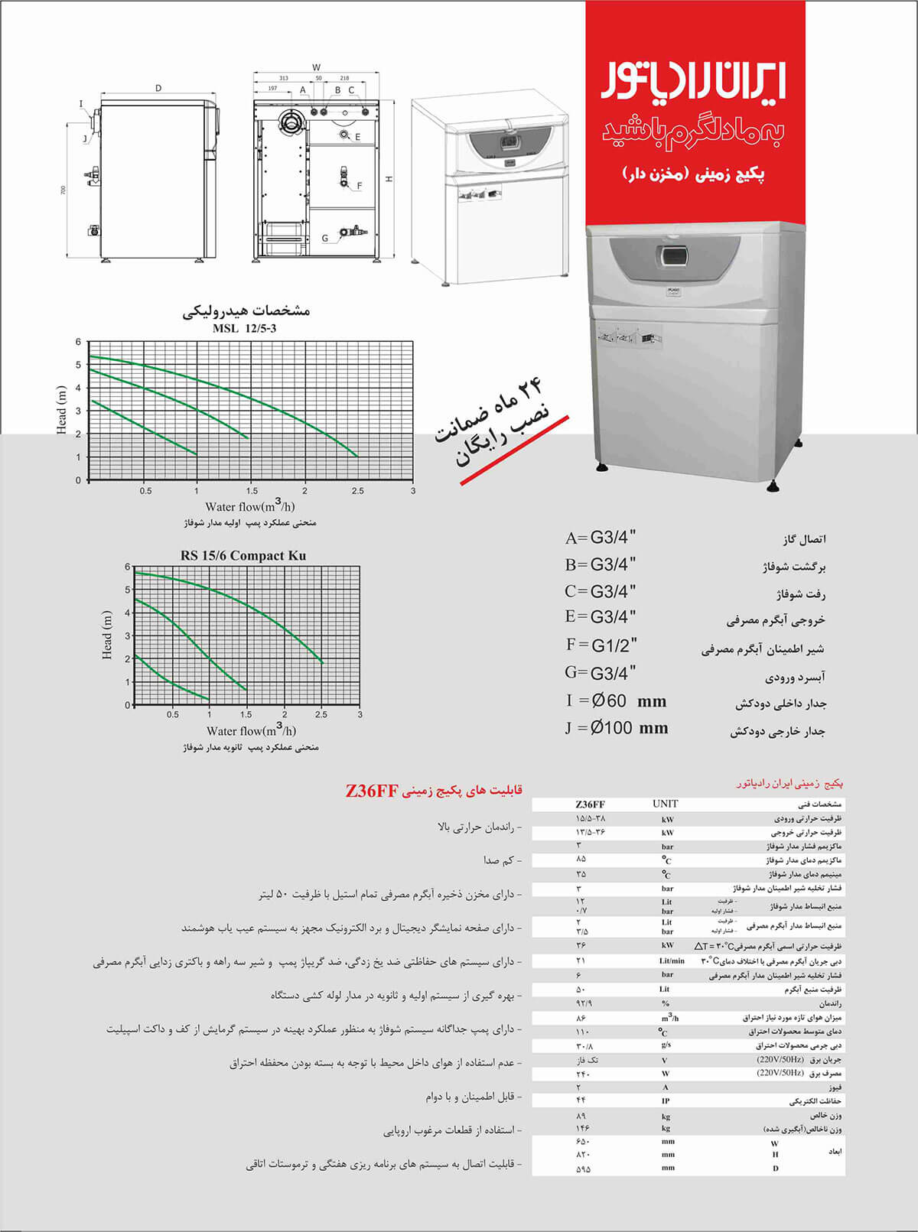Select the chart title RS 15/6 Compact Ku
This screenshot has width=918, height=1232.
[243, 555]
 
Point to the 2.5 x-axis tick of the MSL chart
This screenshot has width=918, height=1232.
[357, 491]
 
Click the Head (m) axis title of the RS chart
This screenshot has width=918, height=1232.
[107, 635]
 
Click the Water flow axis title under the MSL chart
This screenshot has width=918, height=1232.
[249, 506]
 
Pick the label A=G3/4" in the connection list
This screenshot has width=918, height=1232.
[601, 538]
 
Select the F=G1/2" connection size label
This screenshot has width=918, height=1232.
[601, 645]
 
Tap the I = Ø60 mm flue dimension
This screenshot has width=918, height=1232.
[616, 701]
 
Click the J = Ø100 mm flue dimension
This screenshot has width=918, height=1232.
[617, 728]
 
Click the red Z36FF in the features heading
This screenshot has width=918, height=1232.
[372, 791]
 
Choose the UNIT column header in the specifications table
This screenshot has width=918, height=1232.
[665, 804]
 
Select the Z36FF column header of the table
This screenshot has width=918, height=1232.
[590, 805]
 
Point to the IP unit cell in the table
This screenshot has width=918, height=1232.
[666, 1100]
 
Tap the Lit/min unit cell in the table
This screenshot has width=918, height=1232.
[671, 961]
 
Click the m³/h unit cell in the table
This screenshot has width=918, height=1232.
[669, 1018]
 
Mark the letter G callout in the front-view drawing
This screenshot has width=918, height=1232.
[325, 239]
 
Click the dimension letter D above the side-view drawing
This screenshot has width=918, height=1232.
[158, 89]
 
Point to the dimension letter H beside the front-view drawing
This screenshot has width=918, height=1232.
[389, 179]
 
